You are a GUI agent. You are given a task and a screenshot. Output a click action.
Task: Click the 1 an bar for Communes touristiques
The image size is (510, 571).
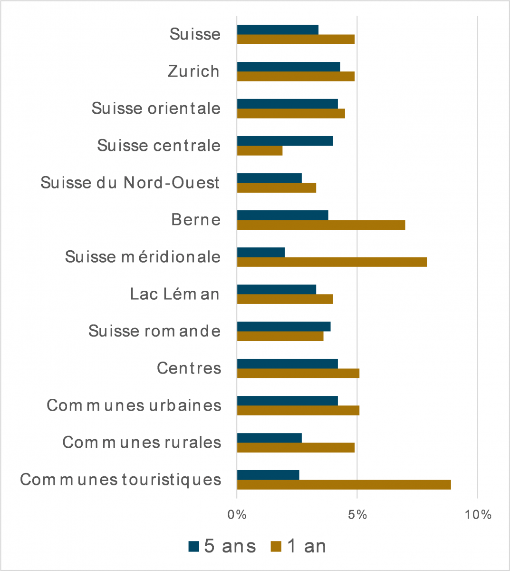point(344,485)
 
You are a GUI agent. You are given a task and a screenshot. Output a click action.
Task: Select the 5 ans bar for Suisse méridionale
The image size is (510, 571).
point(260,252)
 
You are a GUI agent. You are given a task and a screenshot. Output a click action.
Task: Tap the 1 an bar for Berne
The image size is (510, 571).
point(321,225)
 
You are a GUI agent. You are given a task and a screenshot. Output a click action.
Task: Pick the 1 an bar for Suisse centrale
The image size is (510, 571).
point(260,151)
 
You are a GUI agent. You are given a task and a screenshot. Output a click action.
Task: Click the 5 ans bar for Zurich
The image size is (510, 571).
point(289,67)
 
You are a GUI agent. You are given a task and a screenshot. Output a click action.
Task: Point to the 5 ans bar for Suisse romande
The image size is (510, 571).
point(284,326)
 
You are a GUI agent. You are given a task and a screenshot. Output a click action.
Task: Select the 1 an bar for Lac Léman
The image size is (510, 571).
point(285,299)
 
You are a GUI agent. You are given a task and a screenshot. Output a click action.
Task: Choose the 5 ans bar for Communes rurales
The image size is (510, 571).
point(269,438)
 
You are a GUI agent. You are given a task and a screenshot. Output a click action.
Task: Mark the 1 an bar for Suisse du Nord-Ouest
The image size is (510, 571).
point(276,188)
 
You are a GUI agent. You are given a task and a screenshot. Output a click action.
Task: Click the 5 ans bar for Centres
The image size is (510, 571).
point(287,364)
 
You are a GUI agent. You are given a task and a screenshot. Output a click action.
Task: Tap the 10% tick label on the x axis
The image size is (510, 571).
point(478,515)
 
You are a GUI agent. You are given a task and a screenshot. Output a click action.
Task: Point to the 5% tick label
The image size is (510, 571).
point(357,515)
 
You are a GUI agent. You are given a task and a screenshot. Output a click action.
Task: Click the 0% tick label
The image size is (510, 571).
point(237,515)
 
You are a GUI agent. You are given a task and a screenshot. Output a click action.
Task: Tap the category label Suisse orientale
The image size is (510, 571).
point(156,108)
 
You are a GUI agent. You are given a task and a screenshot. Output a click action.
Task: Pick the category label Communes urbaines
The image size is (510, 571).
point(134,405)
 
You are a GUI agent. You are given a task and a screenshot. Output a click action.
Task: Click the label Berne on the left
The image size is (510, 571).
point(196,220)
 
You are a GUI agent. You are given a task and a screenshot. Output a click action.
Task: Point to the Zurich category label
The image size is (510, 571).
point(194,71)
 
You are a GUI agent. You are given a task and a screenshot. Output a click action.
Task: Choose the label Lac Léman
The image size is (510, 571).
point(175,294)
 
